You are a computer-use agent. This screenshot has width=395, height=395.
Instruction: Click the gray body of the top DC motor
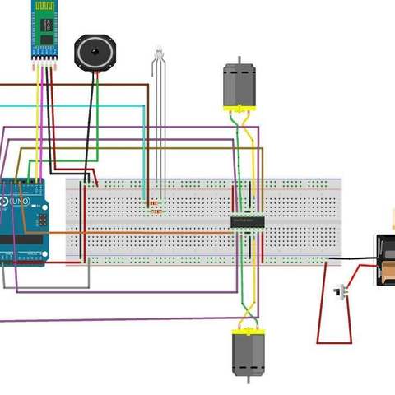click(239, 84)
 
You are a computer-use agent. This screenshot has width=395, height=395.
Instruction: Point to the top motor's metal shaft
click(239, 60)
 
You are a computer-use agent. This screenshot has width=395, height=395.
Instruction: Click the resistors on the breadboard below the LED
click(153, 206)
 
